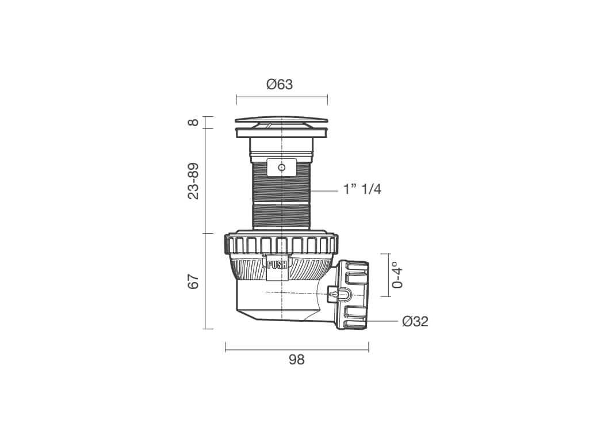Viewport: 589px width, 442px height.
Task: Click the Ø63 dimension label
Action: (280, 84)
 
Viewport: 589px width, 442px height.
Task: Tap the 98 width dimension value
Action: (296, 360)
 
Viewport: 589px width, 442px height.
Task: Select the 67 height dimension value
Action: (193, 281)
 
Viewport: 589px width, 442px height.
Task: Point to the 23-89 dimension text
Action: (193, 181)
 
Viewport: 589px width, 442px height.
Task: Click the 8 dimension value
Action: (193, 123)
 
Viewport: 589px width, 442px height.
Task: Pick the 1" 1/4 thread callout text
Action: (362, 189)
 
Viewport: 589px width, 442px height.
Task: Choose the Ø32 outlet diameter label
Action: (415, 321)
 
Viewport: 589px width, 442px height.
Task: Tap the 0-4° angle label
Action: (397, 275)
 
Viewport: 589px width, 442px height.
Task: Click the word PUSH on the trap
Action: (277, 265)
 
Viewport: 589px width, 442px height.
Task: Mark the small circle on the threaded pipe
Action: (282, 167)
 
